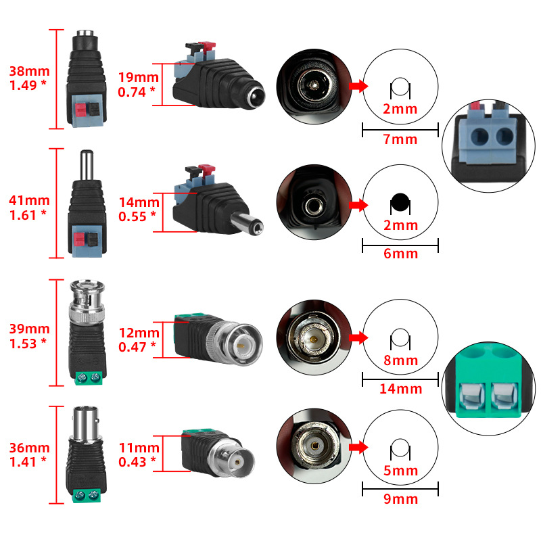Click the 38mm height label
click(x=29, y=71)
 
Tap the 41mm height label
click(x=29, y=200)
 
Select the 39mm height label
click(x=29, y=329)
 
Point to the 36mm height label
click(x=29, y=448)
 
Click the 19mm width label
click(x=139, y=77)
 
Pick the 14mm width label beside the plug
click(x=139, y=202)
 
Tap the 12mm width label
click(x=139, y=333)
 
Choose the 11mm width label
click(x=139, y=448)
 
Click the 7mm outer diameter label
click(x=400, y=140)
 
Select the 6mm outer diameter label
click(x=400, y=254)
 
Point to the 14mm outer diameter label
click(x=400, y=389)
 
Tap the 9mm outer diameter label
click(x=400, y=500)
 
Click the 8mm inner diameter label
click(x=400, y=360)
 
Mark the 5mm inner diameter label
click(x=400, y=471)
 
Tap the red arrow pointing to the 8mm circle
click(x=358, y=337)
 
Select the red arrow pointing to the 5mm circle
click(x=358, y=447)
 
